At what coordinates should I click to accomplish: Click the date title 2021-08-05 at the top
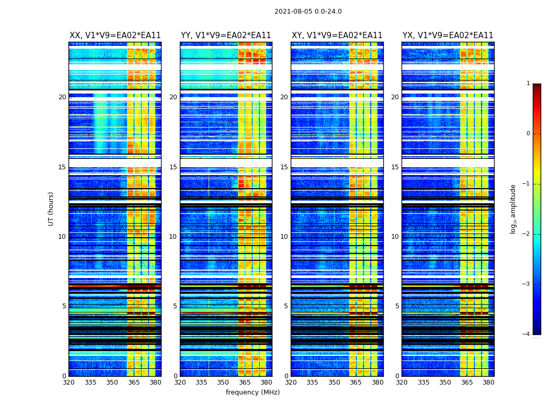point(308,11)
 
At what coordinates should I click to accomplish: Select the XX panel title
point(115,36)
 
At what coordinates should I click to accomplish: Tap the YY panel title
point(226,36)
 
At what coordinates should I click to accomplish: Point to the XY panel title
point(337,36)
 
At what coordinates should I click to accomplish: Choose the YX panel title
point(448,36)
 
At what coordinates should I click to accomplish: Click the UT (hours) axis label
point(51,208)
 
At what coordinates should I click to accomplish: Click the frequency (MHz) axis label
point(253,392)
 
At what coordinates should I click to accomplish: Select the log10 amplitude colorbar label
point(513,208)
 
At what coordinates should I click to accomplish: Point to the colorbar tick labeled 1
point(528,84)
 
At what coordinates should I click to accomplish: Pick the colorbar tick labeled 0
point(528,134)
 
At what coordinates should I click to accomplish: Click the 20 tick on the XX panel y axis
point(62,97)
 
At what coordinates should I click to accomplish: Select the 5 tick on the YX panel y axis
point(397,306)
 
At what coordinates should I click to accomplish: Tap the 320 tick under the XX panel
point(68,382)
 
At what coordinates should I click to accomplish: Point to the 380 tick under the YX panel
point(488,382)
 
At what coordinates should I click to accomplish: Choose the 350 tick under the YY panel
point(223,382)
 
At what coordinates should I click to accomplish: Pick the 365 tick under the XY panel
point(356,382)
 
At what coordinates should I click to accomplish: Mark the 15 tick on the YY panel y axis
point(173,167)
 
